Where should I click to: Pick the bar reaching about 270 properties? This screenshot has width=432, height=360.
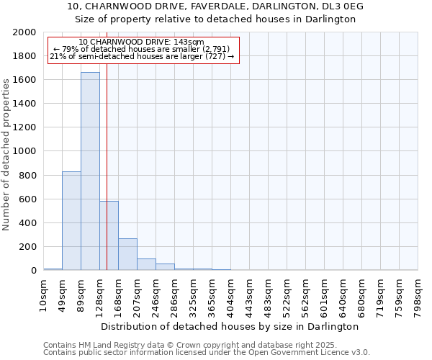(127, 254)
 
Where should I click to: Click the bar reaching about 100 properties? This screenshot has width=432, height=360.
(146, 264)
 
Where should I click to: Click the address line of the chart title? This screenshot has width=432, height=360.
(216, 6)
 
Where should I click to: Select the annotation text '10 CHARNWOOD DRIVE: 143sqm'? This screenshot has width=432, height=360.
(141, 42)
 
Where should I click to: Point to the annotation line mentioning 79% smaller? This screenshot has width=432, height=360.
(141, 49)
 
